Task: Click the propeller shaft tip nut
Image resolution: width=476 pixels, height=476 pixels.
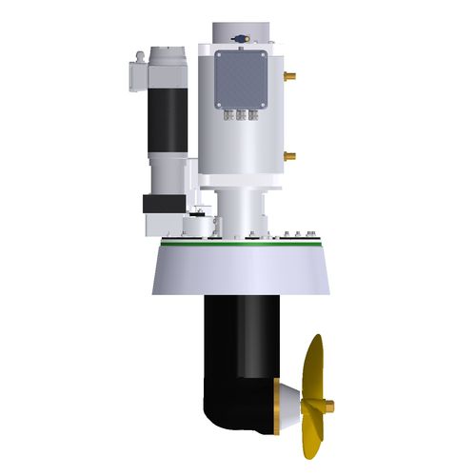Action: click(333, 407)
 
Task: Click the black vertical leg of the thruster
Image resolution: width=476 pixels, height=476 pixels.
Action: click(238, 333)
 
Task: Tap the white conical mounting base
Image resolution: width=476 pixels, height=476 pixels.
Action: click(238, 271)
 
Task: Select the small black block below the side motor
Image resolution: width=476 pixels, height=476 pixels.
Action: click(157, 205)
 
